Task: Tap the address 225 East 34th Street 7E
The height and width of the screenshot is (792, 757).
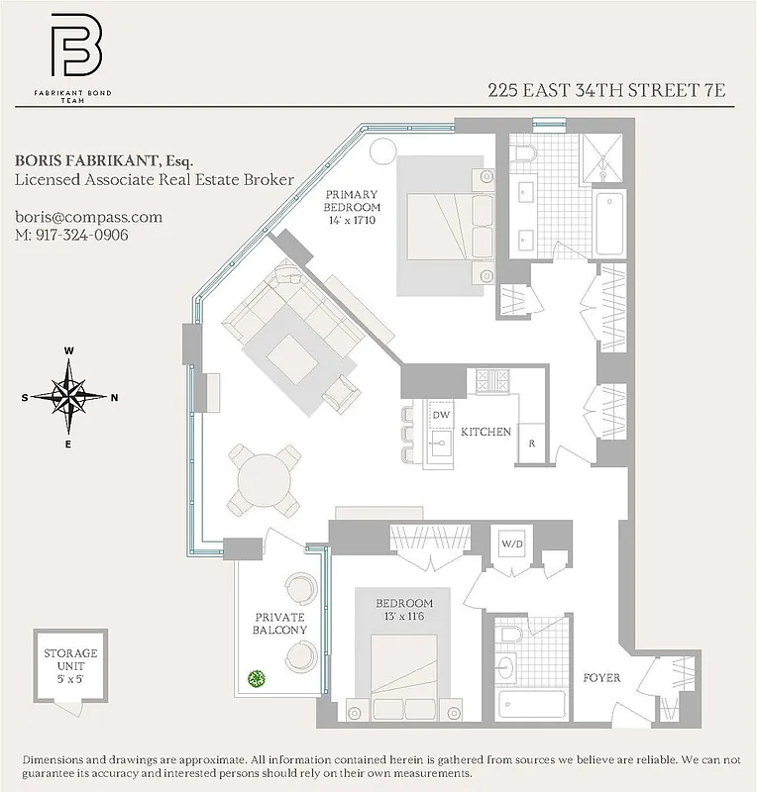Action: coord(606,90)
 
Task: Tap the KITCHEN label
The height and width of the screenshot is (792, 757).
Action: coord(486,432)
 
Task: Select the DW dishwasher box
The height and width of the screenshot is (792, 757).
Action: coord(441,415)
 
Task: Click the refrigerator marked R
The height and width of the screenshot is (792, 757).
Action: coord(532,443)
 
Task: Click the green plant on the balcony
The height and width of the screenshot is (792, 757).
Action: coord(257,679)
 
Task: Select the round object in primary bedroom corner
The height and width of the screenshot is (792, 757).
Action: coord(381,151)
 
